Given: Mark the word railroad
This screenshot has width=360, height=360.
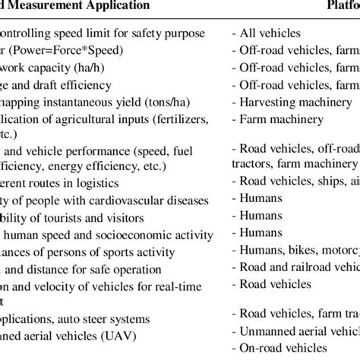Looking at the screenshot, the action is coord(319,267).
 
